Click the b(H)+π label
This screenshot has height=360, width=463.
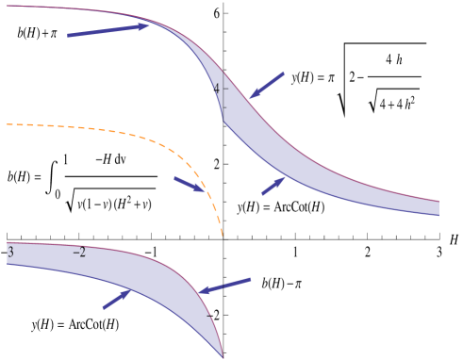click(38, 33)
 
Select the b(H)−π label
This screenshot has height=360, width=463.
click(281, 283)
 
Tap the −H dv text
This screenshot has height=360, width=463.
click(110, 159)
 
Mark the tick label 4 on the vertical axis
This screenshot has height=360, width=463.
click(216, 89)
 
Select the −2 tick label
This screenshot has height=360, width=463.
click(79, 253)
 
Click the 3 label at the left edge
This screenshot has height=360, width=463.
click(10, 252)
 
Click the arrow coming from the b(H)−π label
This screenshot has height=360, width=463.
click(226, 286)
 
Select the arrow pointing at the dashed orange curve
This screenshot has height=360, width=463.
click(190, 184)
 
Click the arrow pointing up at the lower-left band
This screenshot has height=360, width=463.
click(117, 299)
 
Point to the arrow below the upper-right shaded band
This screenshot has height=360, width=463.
click(273, 186)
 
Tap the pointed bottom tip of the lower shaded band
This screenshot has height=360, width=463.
click(223, 356)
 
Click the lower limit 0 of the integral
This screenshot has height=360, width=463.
click(58, 194)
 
